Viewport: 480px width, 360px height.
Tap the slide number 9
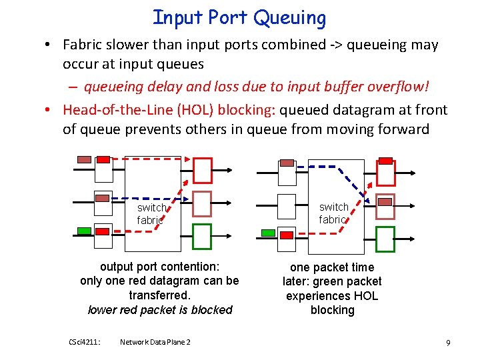[448, 342]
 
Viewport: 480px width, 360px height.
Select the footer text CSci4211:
[85, 342]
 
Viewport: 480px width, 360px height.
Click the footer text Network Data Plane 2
[155, 342]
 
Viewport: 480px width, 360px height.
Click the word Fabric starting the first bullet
[85, 45]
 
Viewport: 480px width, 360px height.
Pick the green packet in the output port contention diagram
[84, 231]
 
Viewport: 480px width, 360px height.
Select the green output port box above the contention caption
[201, 236]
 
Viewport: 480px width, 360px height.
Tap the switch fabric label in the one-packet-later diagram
[333, 213]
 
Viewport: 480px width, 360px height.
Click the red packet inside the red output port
[385, 161]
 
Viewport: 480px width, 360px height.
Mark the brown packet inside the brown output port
[385, 202]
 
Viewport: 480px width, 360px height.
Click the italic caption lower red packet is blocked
[160, 309]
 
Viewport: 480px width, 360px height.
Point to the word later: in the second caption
[299, 281]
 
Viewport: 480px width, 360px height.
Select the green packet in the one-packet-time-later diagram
[267, 233]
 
